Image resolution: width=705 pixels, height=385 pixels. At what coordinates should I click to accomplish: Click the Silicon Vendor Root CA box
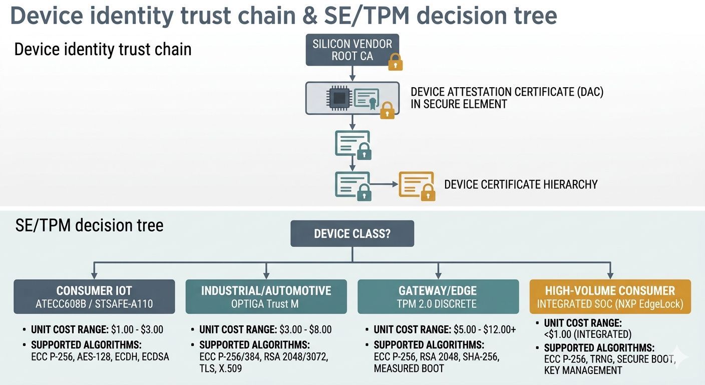[x=352, y=50]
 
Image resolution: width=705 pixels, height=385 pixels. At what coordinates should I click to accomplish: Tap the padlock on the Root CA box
[x=396, y=62]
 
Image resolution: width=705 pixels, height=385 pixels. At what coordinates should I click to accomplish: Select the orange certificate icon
[x=416, y=184]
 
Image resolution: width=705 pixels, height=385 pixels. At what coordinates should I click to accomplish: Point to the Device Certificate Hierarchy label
[x=521, y=184]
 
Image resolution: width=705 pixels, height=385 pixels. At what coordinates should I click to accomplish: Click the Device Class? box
[x=352, y=234]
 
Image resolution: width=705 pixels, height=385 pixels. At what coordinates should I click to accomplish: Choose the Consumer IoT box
[x=94, y=297]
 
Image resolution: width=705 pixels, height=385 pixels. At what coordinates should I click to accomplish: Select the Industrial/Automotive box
[x=266, y=297]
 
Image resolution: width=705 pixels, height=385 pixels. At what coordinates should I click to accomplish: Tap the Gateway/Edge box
[x=438, y=297]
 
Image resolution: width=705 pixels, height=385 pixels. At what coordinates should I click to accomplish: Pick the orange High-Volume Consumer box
[x=610, y=297]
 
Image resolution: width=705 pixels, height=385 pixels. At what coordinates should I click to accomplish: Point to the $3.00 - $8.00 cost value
[x=305, y=330]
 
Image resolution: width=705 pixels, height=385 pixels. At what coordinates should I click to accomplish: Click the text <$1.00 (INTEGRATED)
[x=588, y=334]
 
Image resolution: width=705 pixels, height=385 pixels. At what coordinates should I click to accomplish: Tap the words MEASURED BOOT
[x=409, y=368]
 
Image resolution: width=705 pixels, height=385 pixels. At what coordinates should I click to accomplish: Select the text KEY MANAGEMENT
[x=583, y=371]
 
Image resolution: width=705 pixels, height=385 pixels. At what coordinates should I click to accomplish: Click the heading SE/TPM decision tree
[x=89, y=226]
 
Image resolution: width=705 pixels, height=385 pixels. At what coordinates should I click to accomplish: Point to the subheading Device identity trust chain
[x=103, y=50]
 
